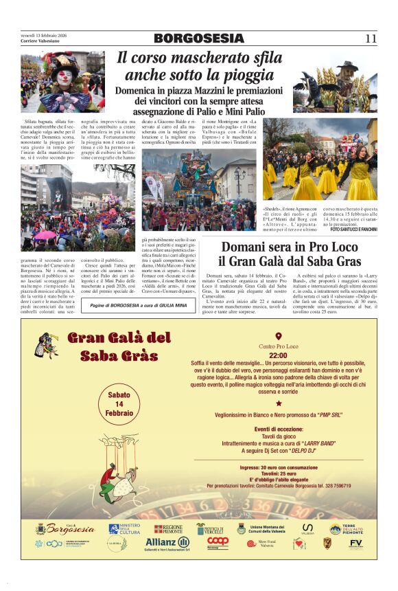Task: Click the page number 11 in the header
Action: click(x=371, y=38)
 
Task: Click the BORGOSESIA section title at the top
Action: click(x=198, y=38)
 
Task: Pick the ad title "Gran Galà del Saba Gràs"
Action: click(x=119, y=346)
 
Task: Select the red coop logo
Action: click(x=218, y=542)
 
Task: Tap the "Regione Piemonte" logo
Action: click(x=168, y=528)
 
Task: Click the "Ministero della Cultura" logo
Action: click(x=124, y=528)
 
